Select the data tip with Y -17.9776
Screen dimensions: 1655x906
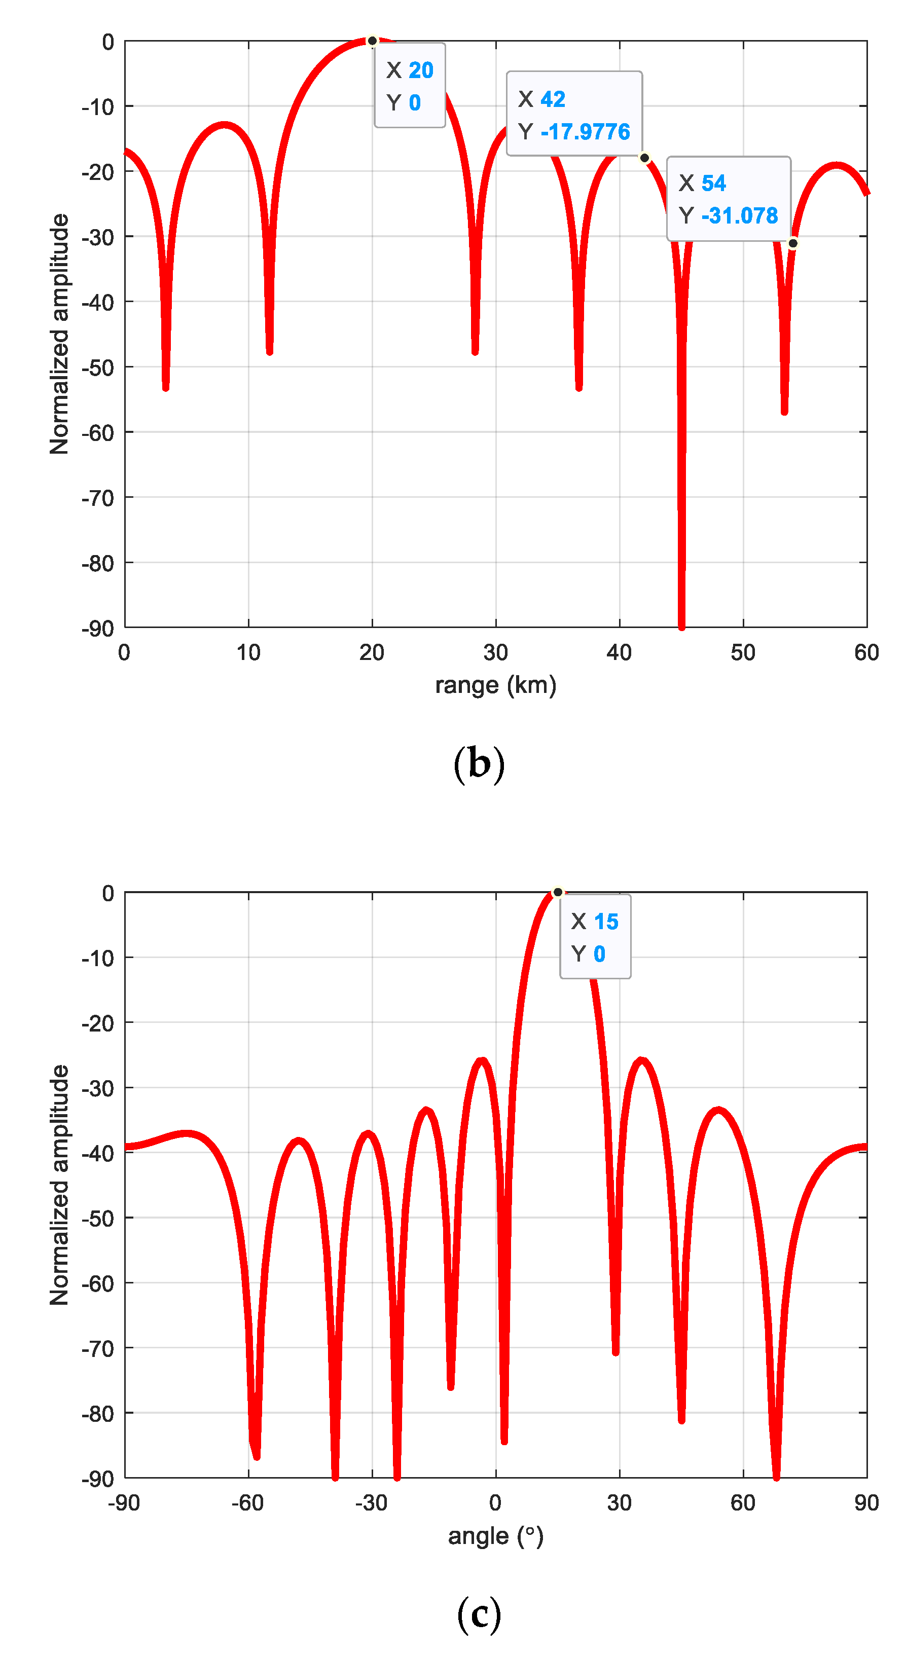click(x=574, y=114)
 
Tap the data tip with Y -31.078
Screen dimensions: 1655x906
click(x=728, y=199)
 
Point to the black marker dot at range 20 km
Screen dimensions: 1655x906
click(x=372, y=41)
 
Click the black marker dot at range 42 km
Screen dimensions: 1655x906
click(x=644, y=158)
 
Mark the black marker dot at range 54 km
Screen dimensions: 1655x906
click(x=792, y=243)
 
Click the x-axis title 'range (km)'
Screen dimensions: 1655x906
click(x=495, y=685)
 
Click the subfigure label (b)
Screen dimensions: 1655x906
click(x=479, y=764)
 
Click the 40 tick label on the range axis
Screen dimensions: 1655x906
click(x=619, y=653)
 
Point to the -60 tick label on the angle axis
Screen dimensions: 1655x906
click(x=247, y=1503)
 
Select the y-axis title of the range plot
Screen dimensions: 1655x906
click(x=59, y=334)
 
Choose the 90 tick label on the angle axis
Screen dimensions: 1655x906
click(x=866, y=1503)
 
